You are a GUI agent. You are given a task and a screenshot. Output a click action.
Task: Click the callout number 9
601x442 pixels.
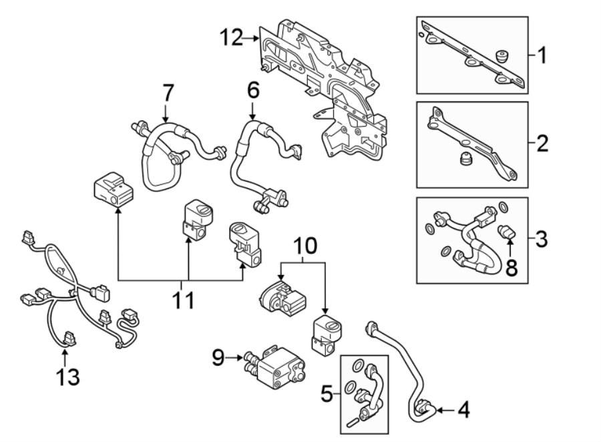[x=218, y=359]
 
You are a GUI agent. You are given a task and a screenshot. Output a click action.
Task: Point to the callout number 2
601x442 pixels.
[x=542, y=143]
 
